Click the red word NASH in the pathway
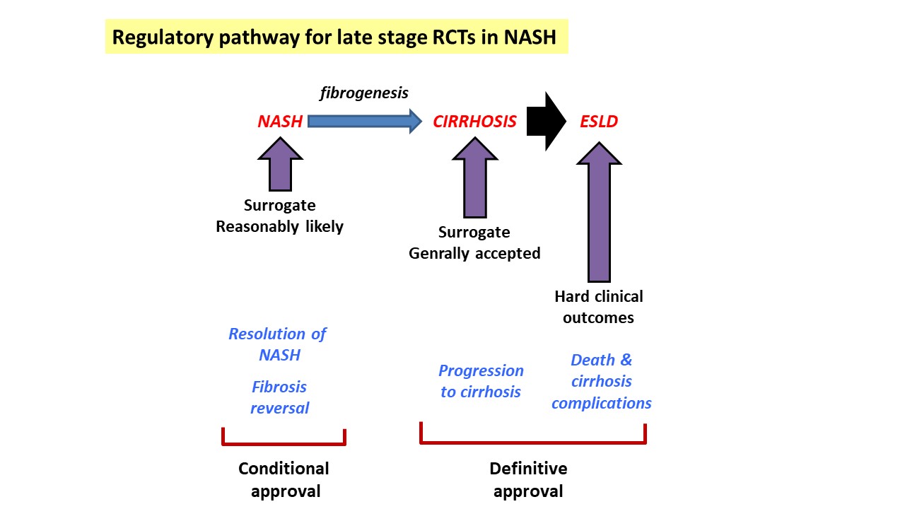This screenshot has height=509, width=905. click(280, 121)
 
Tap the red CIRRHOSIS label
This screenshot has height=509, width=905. click(474, 121)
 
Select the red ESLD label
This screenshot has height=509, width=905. click(599, 121)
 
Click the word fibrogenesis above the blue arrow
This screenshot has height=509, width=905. click(364, 93)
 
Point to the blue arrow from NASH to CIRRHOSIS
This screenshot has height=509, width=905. click(365, 121)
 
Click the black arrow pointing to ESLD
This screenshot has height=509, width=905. click(547, 121)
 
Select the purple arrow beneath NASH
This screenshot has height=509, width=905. click(280, 164)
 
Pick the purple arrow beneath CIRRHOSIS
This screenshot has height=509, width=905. click(474, 177)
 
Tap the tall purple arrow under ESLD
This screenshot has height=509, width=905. click(599, 212)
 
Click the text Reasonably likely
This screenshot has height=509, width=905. click(279, 227)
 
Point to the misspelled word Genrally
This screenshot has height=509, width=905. click(439, 253)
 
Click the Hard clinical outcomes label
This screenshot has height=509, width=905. click(599, 307)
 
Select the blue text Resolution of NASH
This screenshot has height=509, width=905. click(278, 344)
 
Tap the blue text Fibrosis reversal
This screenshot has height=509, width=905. click(279, 397)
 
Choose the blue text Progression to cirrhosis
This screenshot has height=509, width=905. click(481, 381)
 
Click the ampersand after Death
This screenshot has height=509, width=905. click(626, 360)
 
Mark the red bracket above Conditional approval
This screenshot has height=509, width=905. click(284, 443)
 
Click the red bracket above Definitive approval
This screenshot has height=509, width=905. click(533, 442)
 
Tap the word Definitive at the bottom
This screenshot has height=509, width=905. click(528, 469)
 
